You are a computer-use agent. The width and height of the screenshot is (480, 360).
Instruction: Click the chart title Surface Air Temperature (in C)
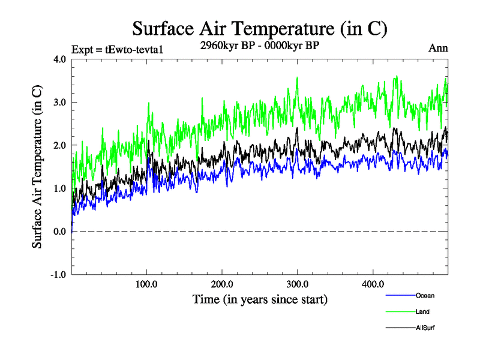point(260,28)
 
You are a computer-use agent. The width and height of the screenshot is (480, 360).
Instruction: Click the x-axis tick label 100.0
point(147,284)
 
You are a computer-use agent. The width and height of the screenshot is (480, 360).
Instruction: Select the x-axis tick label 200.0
point(223,284)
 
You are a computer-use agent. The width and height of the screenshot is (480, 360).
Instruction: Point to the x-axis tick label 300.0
point(298,284)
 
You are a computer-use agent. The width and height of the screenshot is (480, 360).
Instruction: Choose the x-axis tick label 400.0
point(373,284)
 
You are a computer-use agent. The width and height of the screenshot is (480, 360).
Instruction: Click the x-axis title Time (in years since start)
point(260,298)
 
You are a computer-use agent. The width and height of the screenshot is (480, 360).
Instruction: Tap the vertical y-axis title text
point(37,167)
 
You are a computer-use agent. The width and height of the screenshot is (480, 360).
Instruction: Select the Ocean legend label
point(424,295)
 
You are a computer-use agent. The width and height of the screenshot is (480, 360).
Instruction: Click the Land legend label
point(422,311)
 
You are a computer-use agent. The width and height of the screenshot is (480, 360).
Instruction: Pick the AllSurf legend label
point(425,328)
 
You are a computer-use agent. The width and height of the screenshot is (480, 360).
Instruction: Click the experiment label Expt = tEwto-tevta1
point(118,49)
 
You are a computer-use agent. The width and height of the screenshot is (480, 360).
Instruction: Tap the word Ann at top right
point(438,49)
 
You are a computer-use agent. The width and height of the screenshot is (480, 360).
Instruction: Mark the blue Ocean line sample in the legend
point(400,295)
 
